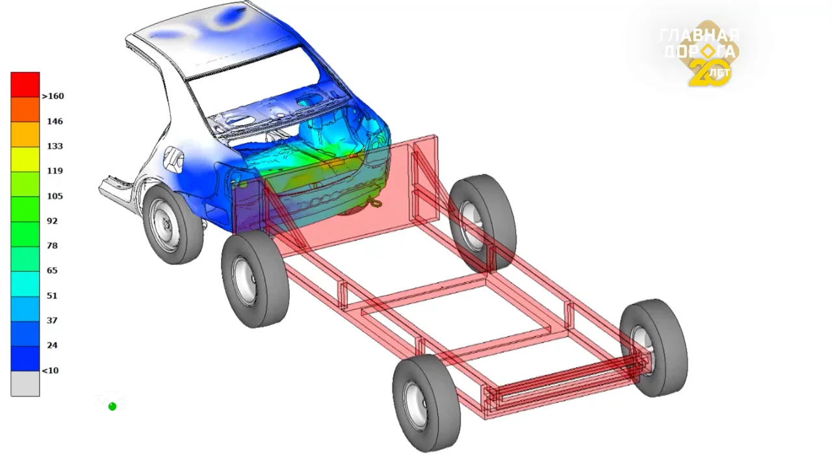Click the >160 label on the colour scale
[53, 96]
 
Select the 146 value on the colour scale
[55, 121]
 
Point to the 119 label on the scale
[55, 171]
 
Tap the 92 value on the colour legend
[53, 221]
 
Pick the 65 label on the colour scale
[53, 270]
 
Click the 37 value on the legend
[53, 320]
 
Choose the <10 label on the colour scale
[50, 370]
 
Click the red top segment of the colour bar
[25, 84]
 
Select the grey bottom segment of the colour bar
[25, 383]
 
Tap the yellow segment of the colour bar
[25, 159]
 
